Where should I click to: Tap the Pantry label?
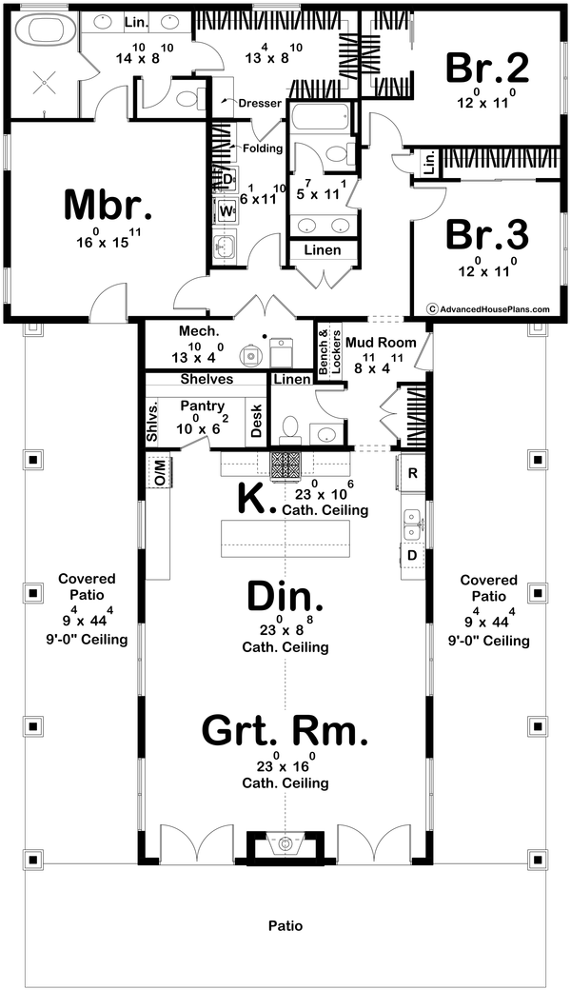coord(201,406)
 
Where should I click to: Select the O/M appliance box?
coord(159,471)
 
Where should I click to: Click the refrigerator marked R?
coord(412,472)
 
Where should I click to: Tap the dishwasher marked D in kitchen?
coord(412,554)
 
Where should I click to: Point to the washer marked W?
coord(226,209)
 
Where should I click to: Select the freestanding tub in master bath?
coord(42,30)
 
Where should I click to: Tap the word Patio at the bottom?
coord(285,924)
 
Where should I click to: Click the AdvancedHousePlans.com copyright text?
coord(488,308)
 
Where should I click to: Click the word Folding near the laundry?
coord(263,148)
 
